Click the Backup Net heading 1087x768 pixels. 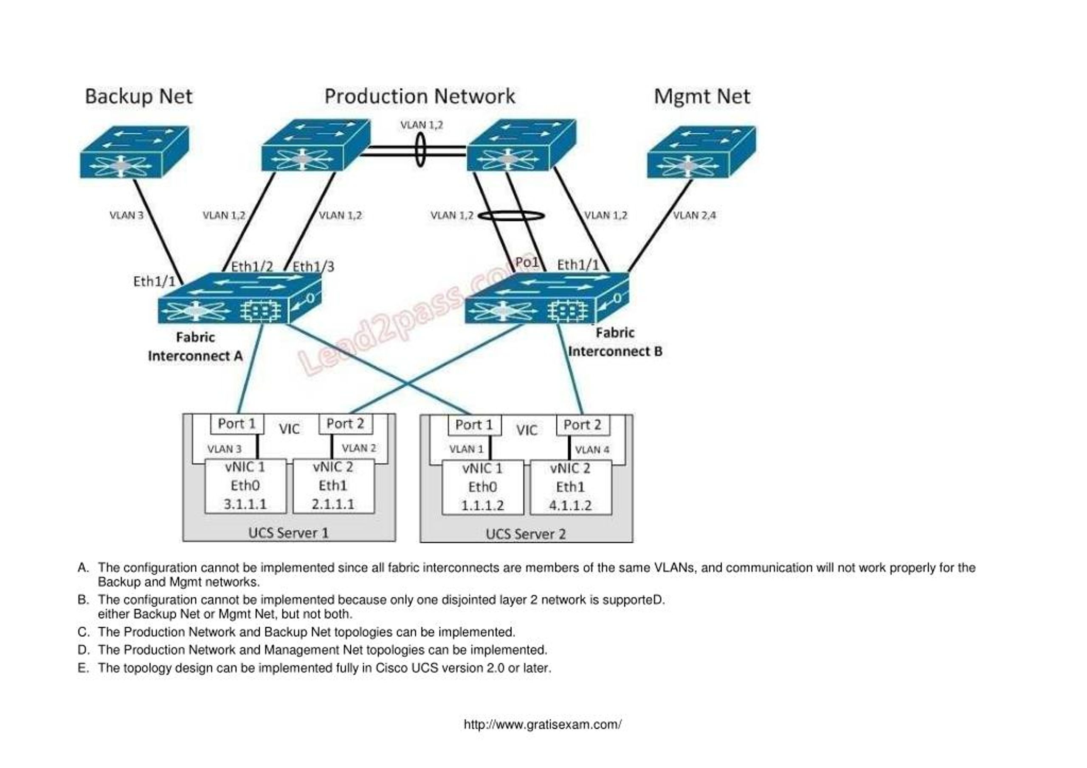coord(138,96)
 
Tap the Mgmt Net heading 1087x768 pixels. coord(701,96)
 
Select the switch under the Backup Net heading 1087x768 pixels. coord(134,152)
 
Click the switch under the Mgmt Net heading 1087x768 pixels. coord(701,152)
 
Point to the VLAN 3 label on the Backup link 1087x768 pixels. coord(127,215)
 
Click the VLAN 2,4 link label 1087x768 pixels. coord(695,215)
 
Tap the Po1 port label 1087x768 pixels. coord(527,262)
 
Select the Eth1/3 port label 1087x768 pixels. coord(313,267)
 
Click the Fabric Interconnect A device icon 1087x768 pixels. coord(239,299)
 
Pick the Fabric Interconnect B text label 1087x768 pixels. coord(615,342)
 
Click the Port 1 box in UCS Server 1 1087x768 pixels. coord(237,424)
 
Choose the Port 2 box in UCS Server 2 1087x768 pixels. coord(582,425)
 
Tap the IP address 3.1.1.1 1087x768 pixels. coord(245,504)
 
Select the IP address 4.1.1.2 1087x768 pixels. coord(571,505)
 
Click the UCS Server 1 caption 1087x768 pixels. coord(288,533)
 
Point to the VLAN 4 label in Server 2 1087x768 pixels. coord(592,450)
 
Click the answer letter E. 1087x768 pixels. coord(83,668)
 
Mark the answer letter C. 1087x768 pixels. coord(83,632)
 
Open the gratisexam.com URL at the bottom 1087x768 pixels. coord(543,724)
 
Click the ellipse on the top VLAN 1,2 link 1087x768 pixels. coord(420,149)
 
